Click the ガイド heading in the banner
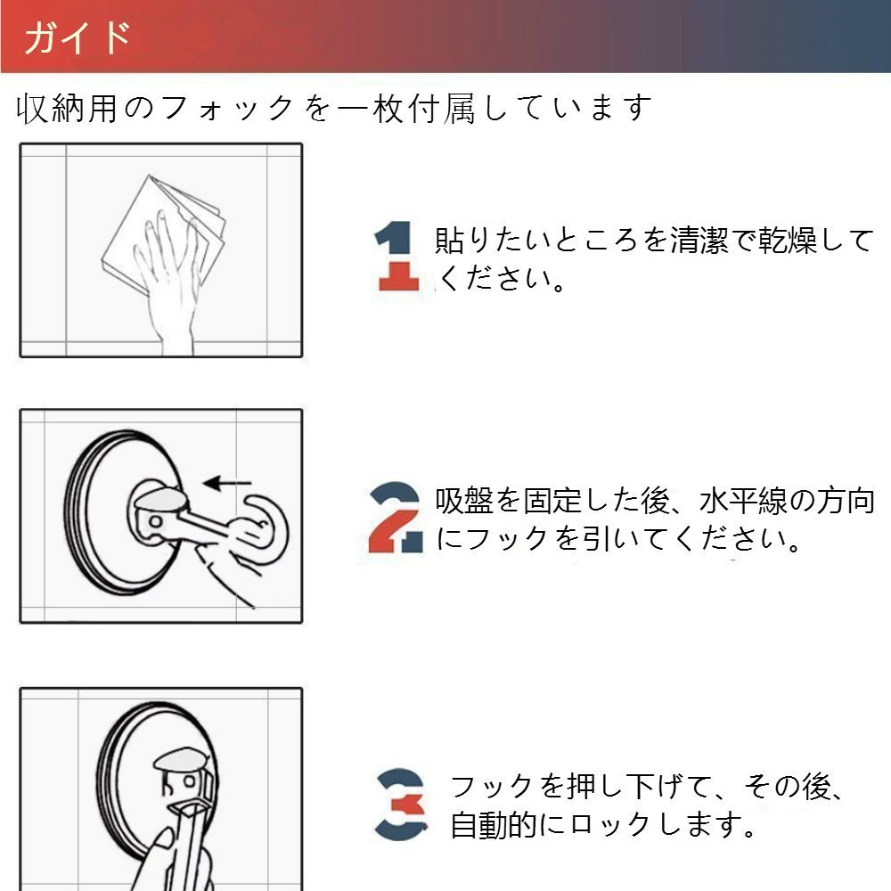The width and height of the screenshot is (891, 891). click(78, 37)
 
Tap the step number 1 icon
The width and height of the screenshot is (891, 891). click(396, 256)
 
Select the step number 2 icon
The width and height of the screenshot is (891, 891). click(396, 517)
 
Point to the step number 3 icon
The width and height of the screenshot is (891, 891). click(401, 804)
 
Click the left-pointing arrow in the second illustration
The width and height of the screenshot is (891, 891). click(227, 484)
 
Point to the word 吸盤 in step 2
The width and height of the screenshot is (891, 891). click(464, 501)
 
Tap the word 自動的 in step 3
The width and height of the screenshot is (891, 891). click(494, 824)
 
